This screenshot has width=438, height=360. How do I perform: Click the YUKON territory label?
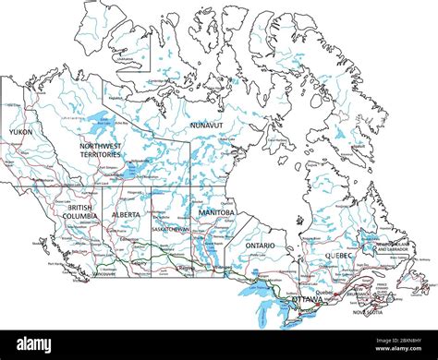[x=19, y=132]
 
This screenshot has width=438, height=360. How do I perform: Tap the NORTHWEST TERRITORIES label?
[x=100, y=150]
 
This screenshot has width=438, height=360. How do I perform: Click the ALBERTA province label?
[x=126, y=214]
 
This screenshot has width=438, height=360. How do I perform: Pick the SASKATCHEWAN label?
[x=171, y=229]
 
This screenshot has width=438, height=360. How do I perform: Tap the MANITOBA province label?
[x=217, y=212]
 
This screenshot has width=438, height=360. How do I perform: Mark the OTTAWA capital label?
[x=308, y=300]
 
